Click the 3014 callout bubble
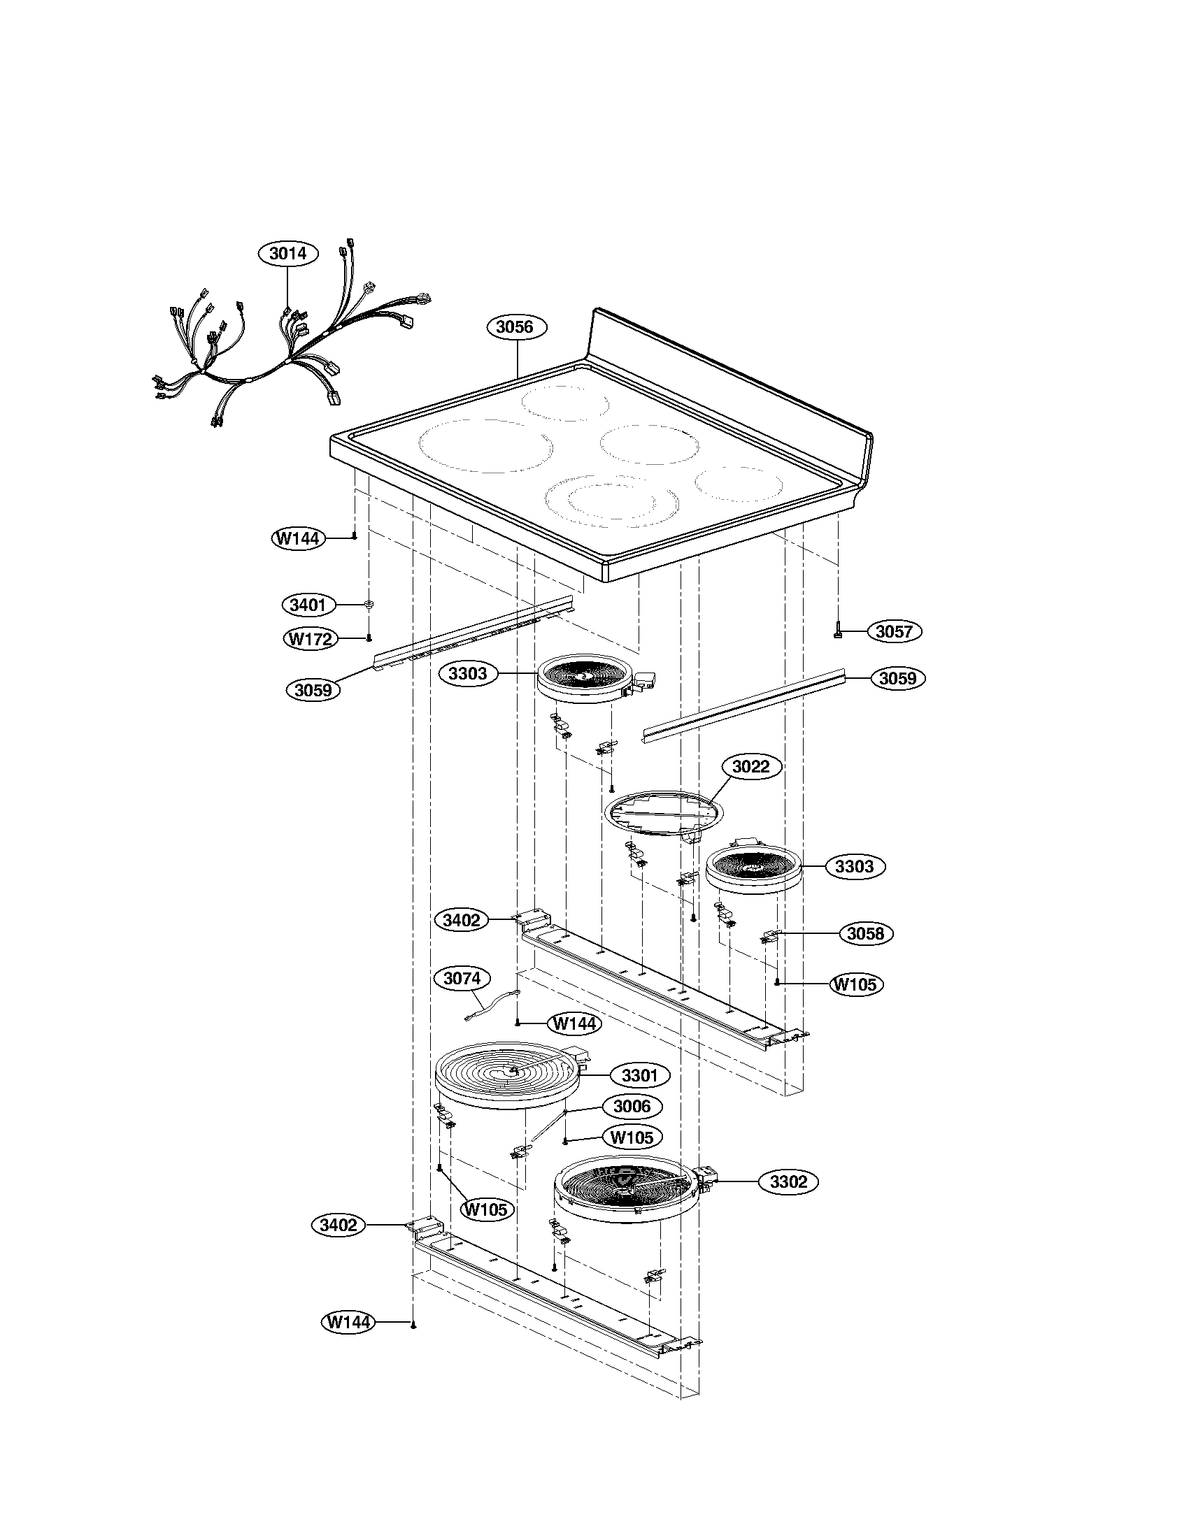coord(288,254)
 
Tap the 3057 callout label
coord(894,632)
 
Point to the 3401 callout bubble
coord(308,605)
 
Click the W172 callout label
coord(311,639)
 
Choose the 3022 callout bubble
coord(751,767)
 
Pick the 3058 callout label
coord(865,934)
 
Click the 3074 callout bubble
coord(462,978)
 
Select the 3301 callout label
coord(639,1076)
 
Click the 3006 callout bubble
coord(632,1107)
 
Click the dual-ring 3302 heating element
coord(627,1187)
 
